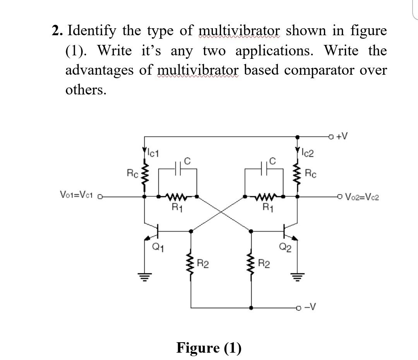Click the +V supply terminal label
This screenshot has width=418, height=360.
tap(342, 136)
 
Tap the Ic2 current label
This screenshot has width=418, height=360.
tap(308, 153)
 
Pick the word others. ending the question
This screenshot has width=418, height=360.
tap(85, 90)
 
